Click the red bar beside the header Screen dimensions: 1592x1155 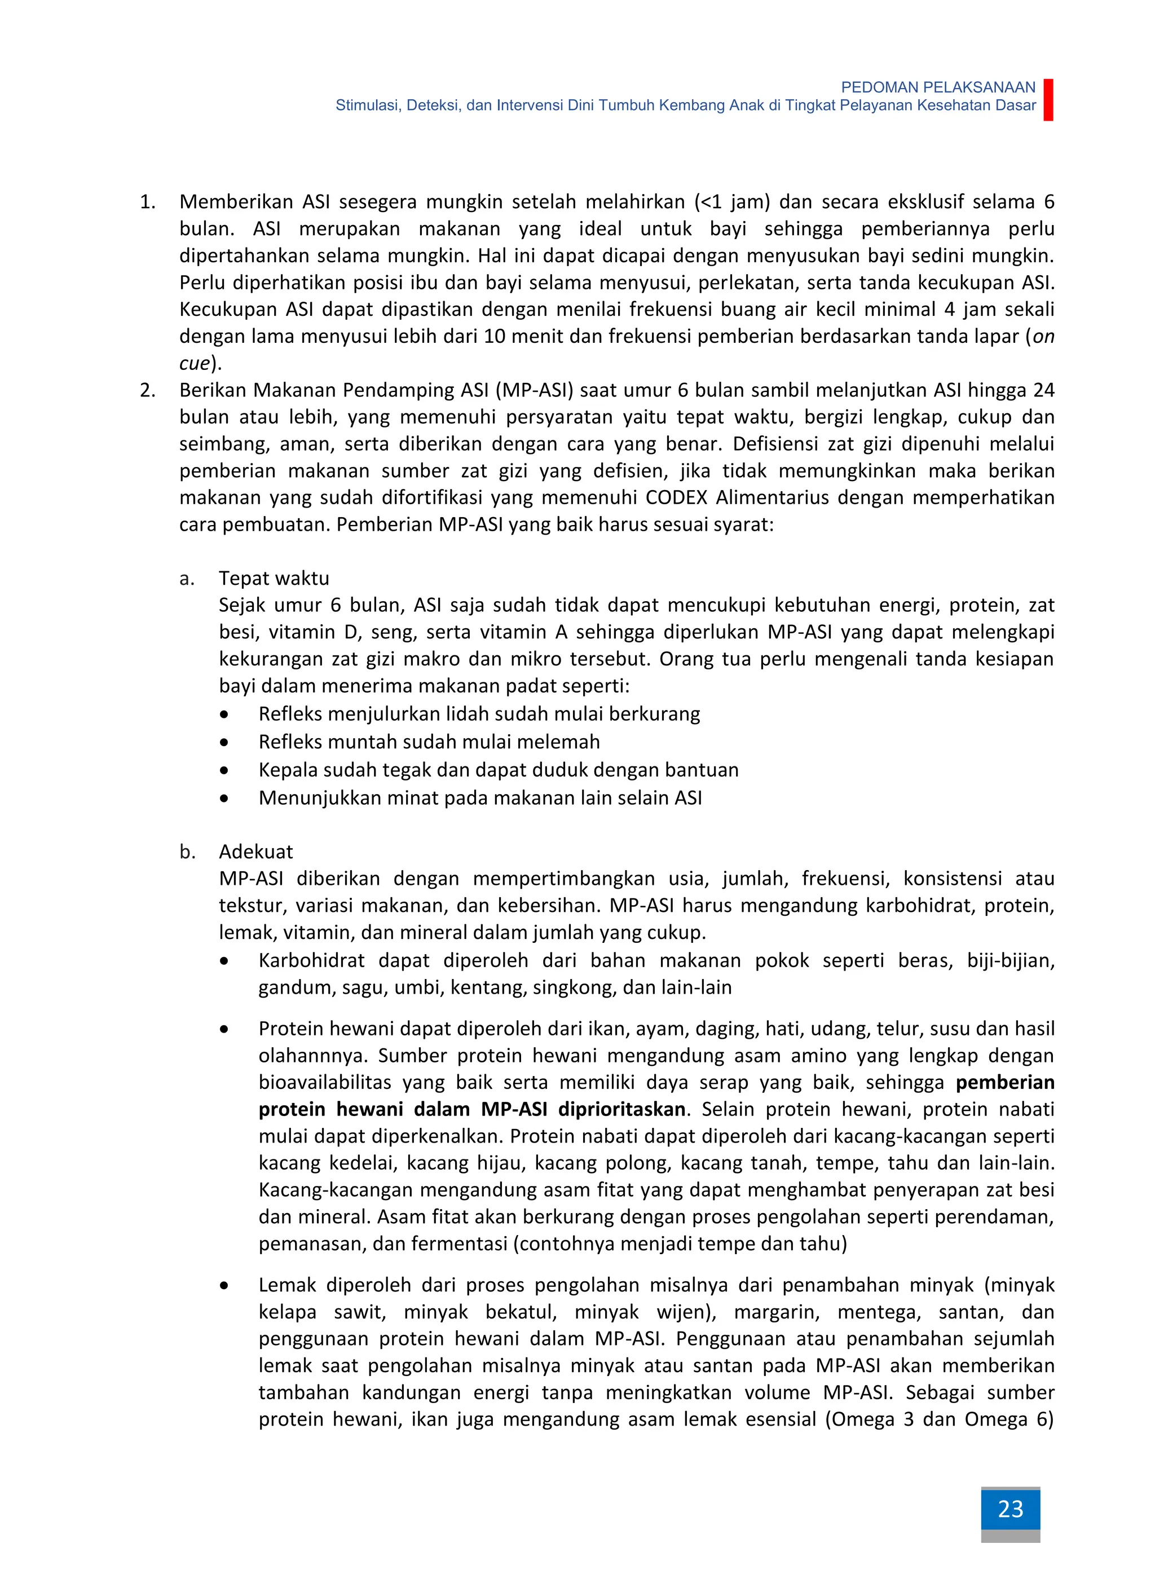1048,100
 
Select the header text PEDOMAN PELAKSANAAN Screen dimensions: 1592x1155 937,87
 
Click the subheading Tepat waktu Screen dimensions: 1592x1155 274,579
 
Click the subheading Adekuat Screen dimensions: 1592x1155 255,852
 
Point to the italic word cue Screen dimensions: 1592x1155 195,364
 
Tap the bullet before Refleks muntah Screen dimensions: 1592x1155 224,742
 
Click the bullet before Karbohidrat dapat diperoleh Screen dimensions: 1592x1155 224,961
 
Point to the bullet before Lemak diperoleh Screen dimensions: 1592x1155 224,1285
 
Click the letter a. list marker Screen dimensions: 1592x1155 186,579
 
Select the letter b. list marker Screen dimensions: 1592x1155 186,852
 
